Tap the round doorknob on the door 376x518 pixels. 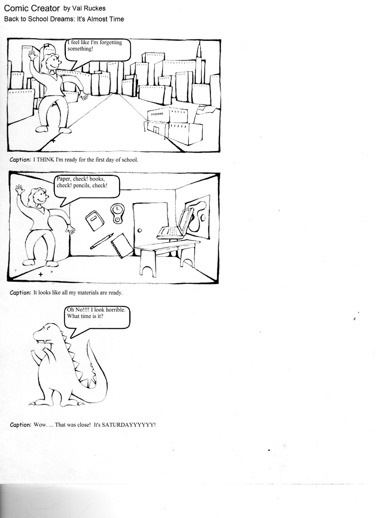tap(139, 231)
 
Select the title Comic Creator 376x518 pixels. tap(32, 8)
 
